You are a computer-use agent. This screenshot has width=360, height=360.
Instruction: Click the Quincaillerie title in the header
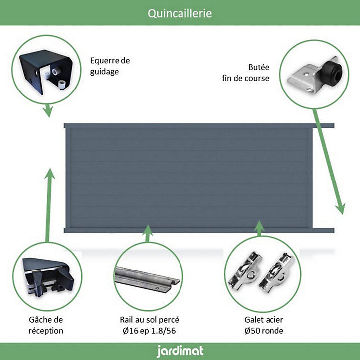tap(180, 13)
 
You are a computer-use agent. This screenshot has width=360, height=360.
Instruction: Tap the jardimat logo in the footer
tap(180, 351)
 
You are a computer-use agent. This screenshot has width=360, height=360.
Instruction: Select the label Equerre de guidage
tap(110, 66)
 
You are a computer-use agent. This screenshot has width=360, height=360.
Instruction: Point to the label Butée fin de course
tap(246, 73)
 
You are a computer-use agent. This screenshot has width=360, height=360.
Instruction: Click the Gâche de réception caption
tap(46, 325)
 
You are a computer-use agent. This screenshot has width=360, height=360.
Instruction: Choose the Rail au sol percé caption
tap(149, 325)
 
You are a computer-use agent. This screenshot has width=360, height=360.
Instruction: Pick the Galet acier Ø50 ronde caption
tap(264, 325)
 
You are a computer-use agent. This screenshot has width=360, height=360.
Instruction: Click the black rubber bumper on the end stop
tap(332, 71)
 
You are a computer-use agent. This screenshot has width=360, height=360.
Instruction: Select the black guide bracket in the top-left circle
tap(46, 71)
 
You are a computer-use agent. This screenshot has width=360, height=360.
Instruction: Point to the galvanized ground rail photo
tap(147, 279)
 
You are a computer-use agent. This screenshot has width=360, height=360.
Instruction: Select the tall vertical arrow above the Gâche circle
tap(49, 205)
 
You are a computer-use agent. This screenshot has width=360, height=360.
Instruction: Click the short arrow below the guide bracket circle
tap(48, 110)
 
